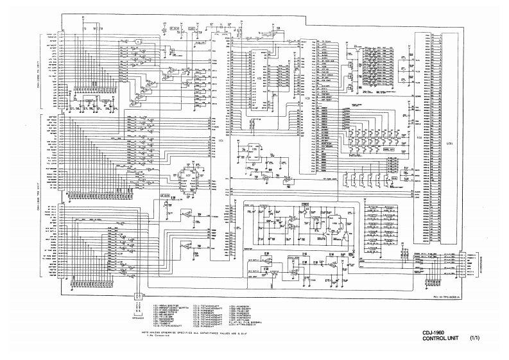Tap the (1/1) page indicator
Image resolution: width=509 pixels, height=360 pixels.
(475, 339)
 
